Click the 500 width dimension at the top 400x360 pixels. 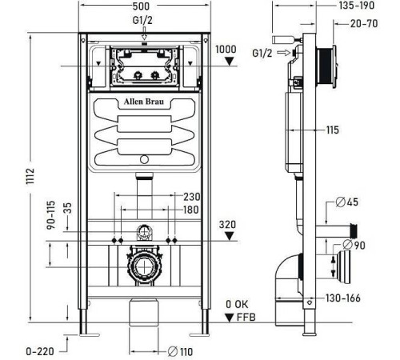(141, 6)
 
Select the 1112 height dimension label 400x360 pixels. (30, 176)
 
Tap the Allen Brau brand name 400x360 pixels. (144, 102)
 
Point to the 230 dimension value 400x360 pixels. (191, 197)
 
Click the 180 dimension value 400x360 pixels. (191, 210)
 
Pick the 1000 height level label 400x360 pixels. (226, 50)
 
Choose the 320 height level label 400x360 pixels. (227, 225)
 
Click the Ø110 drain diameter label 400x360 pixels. (180, 351)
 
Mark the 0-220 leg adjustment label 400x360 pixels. (40, 351)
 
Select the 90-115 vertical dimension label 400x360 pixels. (51, 215)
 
